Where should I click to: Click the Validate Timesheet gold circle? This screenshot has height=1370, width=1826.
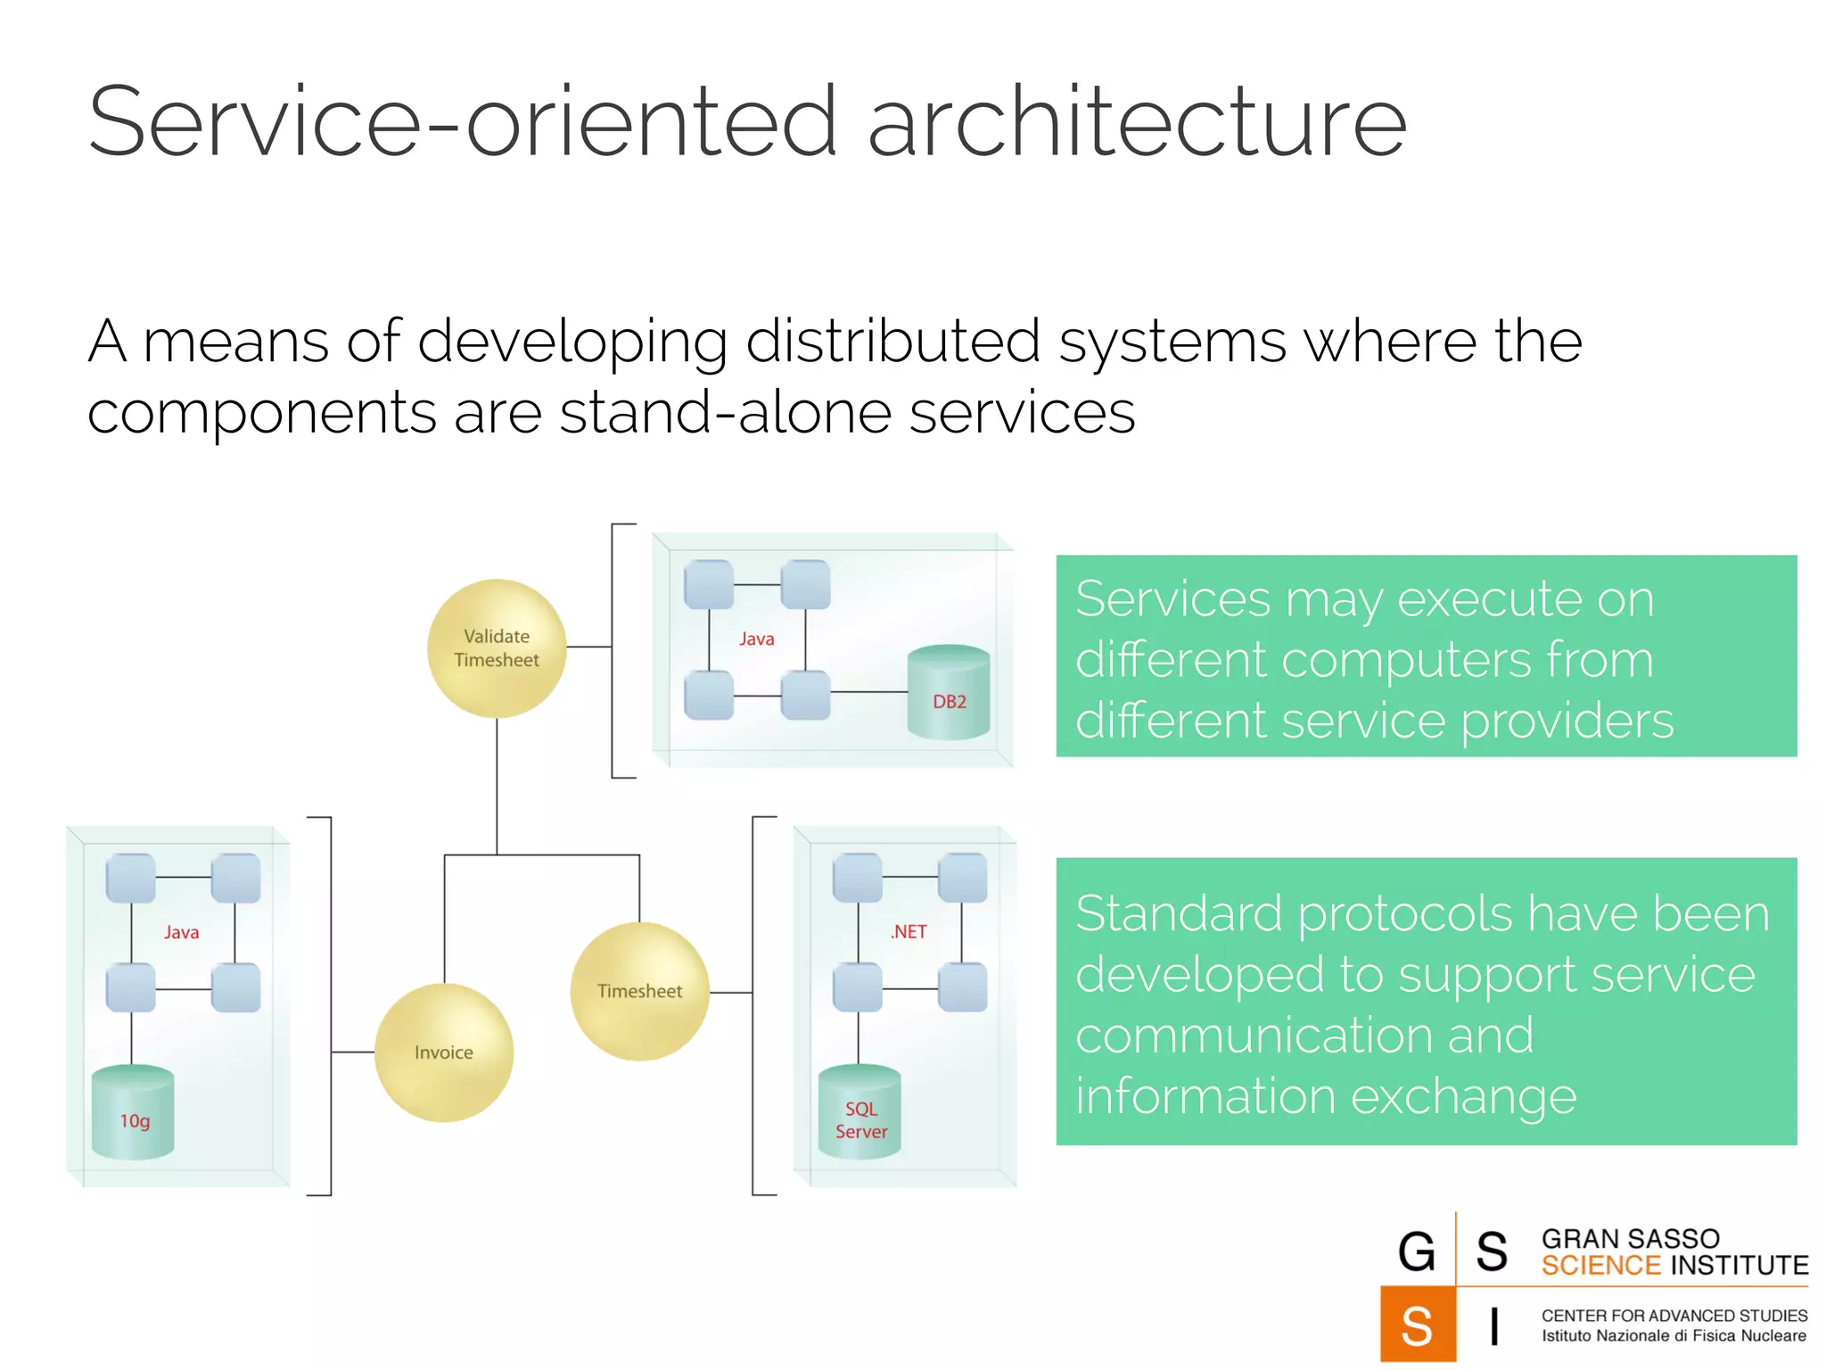pyautogui.click(x=497, y=648)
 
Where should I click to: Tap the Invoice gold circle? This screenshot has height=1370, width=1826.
pyautogui.click(x=443, y=1052)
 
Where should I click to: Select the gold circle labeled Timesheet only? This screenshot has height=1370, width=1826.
pyautogui.click(x=639, y=991)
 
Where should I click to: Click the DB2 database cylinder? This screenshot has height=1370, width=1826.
pyautogui.click(x=949, y=693)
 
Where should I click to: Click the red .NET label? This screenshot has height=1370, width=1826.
pyautogui.click(x=909, y=931)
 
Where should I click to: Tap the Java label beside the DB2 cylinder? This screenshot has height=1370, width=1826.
pyautogui.click(x=756, y=639)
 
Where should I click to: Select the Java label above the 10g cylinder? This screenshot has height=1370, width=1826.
pyautogui.click(x=181, y=932)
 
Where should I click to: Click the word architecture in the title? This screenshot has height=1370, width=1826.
pyautogui.click(x=1137, y=122)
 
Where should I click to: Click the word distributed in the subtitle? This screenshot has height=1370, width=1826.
pyautogui.click(x=892, y=341)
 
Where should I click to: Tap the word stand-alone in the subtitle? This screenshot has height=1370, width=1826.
pyautogui.click(x=725, y=413)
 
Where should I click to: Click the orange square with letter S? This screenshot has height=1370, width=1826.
pyautogui.click(x=1417, y=1325)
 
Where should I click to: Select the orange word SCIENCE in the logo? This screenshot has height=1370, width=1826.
pyautogui.click(x=1600, y=1266)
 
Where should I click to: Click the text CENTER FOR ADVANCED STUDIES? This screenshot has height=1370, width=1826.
pyautogui.click(x=1674, y=1316)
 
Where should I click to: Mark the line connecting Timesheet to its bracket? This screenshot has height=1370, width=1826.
pyautogui.click(x=731, y=992)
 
